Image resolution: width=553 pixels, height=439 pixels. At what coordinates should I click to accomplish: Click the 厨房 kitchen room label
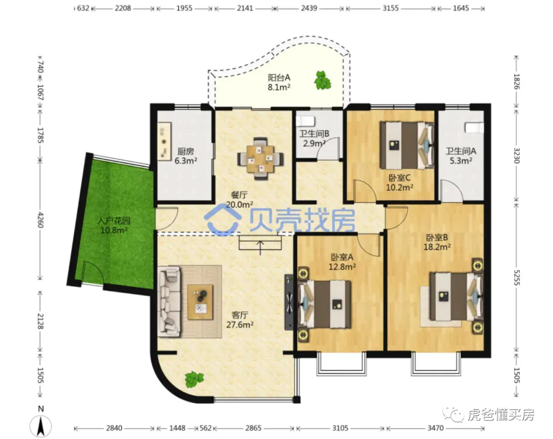pos(185,152)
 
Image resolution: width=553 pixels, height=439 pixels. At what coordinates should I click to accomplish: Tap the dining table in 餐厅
pos(260,158)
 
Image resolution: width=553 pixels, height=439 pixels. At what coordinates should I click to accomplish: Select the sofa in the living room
pos(169,301)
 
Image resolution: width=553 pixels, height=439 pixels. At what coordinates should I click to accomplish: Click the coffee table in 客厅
pos(200,302)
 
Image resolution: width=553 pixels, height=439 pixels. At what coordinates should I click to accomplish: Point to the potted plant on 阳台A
pos(323,80)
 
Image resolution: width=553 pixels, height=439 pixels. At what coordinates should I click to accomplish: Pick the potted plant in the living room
pos(194,380)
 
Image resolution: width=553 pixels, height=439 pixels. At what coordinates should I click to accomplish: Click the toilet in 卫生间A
pos(474,128)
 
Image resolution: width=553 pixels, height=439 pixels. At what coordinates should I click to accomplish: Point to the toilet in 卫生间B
pos(305,121)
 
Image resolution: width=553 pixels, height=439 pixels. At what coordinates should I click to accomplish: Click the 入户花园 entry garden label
pos(114,221)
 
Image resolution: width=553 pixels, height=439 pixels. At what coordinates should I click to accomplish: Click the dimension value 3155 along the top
pos(390,8)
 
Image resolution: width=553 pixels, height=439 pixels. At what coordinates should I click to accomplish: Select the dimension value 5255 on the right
pos(516,278)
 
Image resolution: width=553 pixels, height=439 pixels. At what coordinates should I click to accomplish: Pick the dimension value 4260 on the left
pos(40,220)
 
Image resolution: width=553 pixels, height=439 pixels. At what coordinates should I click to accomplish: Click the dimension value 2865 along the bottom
pos(253,428)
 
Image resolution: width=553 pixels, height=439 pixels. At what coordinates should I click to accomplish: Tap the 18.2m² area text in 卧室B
pos(437,247)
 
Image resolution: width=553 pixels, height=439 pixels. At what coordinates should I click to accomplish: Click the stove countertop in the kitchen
pos(164,141)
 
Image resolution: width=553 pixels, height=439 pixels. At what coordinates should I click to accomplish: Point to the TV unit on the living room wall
pos(289,302)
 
